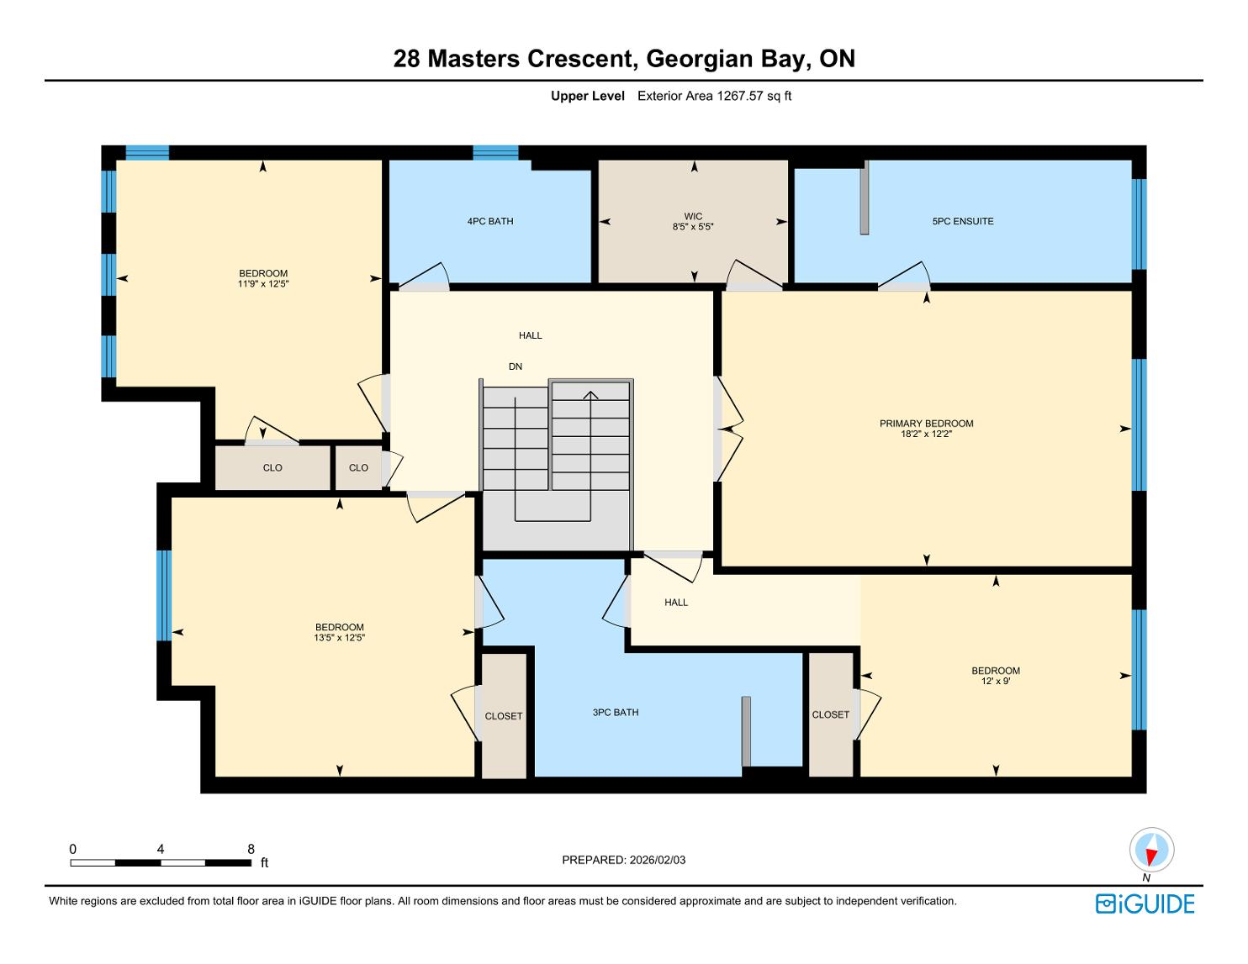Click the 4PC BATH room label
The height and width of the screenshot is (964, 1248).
pos(490,222)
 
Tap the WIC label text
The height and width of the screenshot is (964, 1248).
pos(693,216)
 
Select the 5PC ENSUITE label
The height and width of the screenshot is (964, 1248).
pos(963,222)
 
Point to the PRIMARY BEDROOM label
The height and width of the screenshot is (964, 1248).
pos(927,424)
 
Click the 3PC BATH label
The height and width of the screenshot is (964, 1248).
pos(616,712)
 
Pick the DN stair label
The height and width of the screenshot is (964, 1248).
pos(516,366)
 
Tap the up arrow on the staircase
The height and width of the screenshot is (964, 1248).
pos(591,395)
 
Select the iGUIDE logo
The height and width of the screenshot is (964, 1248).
pos(1145,903)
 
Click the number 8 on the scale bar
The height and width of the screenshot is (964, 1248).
pos(251,849)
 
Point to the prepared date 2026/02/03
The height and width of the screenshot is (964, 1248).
pos(658,860)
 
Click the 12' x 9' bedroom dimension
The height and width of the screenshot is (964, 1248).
pos(996,681)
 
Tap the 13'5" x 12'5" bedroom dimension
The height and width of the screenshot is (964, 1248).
pos(340,638)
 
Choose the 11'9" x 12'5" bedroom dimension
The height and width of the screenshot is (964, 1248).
pos(263,283)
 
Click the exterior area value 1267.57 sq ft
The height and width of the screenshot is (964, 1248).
pos(754,96)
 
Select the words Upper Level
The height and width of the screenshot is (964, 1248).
pos(588,96)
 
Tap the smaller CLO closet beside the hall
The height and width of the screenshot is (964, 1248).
pos(358,467)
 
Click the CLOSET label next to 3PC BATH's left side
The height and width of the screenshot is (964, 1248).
pos(504,716)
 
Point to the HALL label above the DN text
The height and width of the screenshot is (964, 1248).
pos(530,335)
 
